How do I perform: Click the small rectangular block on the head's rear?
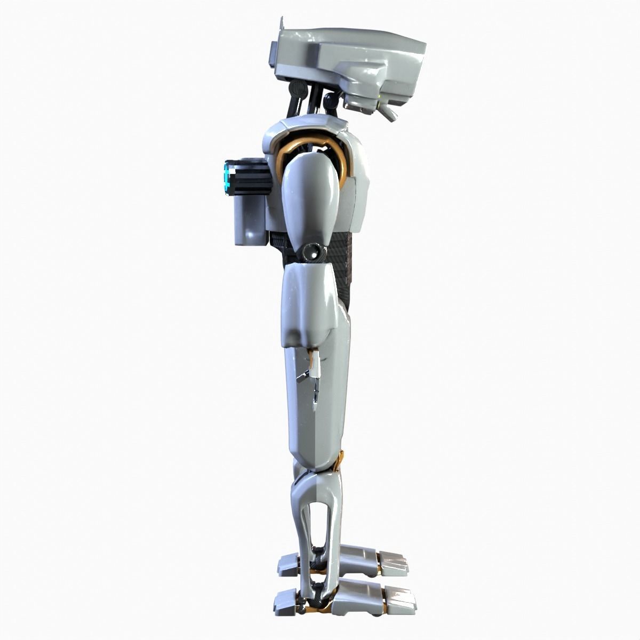tap(273, 54)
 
